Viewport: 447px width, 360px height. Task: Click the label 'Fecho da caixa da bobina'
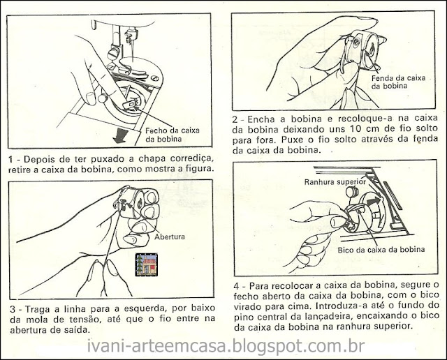(173, 135)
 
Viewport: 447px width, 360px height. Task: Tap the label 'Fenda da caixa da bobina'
(399, 82)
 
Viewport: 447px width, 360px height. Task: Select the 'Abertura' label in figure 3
(170, 237)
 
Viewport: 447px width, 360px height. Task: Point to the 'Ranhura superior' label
(335, 182)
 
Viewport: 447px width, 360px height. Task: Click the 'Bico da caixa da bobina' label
(381, 250)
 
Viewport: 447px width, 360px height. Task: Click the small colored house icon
(147, 264)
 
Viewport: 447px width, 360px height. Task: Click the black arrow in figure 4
(374, 202)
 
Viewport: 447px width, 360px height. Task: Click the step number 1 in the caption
(11, 159)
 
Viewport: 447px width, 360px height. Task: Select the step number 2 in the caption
(235, 119)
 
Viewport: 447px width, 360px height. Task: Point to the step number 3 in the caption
(13, 309)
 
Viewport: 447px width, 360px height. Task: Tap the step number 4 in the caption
(237, 286)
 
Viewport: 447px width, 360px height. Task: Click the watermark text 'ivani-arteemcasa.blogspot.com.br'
(226, 346)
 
